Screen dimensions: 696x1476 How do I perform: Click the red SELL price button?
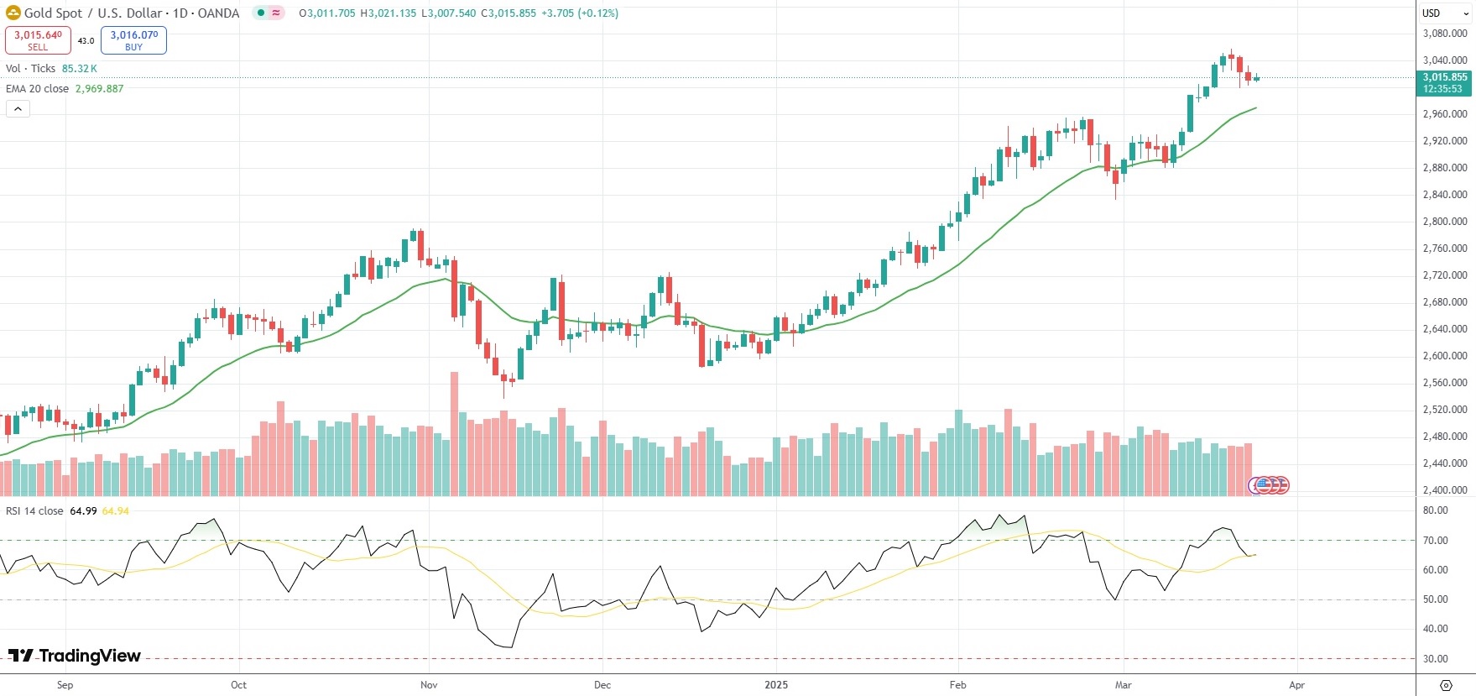[x=38, y=40]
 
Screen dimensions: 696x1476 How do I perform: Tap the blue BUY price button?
[x=133, y=40]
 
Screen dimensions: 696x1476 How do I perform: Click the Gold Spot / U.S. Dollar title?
[x=92, y=13]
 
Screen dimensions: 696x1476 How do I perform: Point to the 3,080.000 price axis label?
[x=1445, y=34]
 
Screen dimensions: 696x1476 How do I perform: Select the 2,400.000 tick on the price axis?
[x=1445, y=490]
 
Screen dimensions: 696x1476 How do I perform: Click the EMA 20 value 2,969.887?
[x=99, y=89]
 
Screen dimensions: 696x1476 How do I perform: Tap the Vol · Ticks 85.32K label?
[x=51, y=69]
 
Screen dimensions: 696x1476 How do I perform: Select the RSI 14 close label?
[x=34, y=511]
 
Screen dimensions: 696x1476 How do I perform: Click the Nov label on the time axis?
[x=429, y=685]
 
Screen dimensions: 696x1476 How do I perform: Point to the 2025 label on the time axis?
[x=776, y=685]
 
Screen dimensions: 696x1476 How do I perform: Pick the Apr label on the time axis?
[x=1296, y=685]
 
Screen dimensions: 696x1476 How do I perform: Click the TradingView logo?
[x=75, y=656]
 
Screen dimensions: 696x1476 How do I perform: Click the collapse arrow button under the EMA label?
[x=18, y=109]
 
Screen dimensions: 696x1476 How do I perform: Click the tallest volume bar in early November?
[x=455, y=434]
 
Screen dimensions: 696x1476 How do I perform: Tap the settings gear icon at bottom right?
[x=1446, y=685]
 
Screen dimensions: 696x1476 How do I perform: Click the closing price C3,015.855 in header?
[x=509, y=13]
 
